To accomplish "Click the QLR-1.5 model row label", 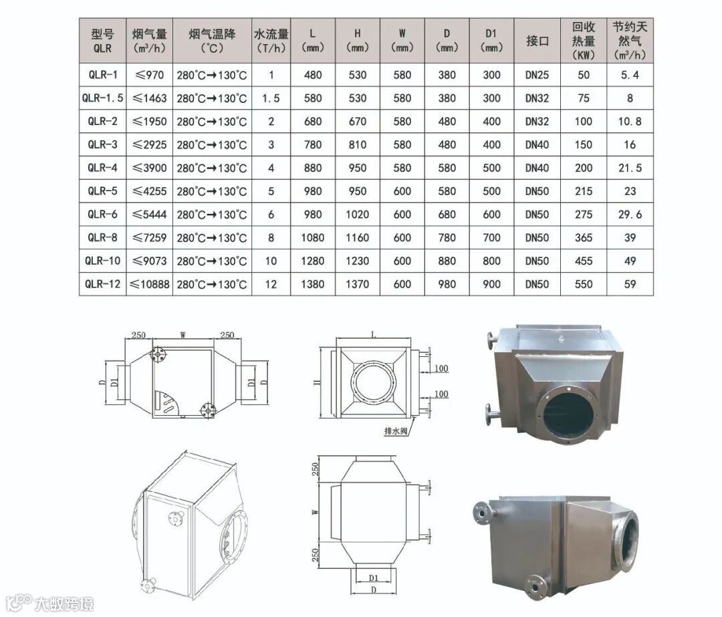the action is [103, 98].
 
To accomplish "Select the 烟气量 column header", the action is [149, 41].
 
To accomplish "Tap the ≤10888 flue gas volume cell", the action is [149, 284].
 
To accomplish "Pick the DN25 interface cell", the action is [537, 75].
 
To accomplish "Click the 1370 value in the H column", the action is [357, 284].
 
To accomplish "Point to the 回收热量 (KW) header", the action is [584, 41].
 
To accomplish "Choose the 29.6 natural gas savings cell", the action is [630, 215].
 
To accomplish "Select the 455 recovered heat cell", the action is [584, 261].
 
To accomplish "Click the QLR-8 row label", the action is [103, 237].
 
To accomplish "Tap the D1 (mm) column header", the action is [491, 41].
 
